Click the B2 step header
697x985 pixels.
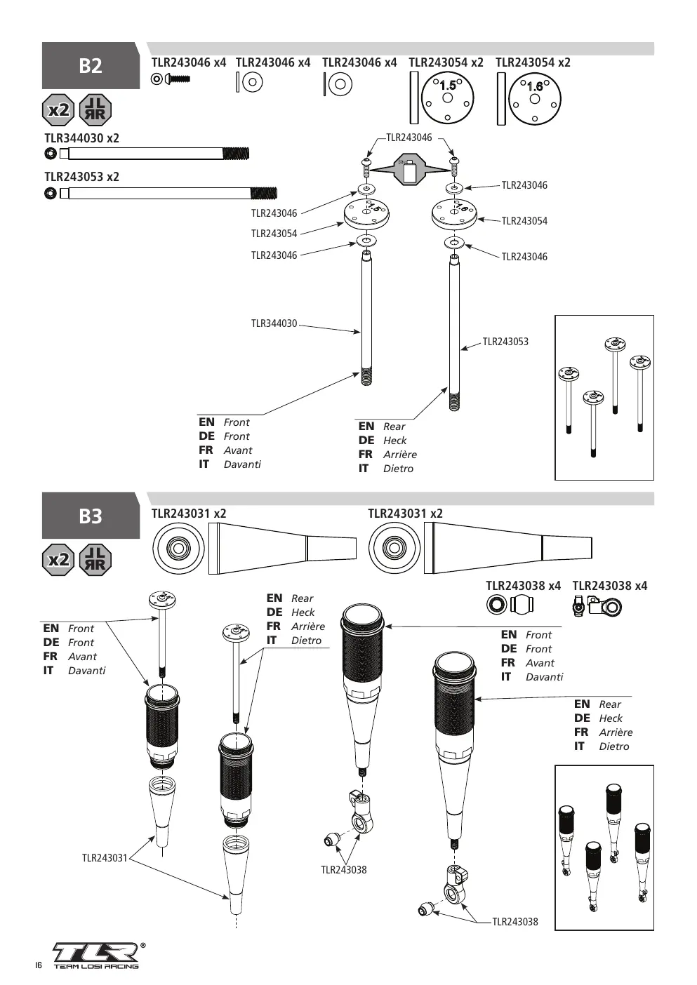(91, 65)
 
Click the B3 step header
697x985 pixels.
(91, 516)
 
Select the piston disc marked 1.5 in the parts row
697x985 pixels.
(448, 98)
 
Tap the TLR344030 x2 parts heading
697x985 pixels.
(82, 138)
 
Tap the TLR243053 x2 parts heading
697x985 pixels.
(82, 177)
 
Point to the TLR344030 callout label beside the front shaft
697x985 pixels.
(274, 323)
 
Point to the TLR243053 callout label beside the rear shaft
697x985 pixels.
(505, 342)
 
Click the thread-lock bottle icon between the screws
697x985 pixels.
(410, 169)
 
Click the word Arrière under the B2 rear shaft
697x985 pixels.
(400, 454)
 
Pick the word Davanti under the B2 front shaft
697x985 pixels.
(242, 464)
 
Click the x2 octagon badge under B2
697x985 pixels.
(58, 109)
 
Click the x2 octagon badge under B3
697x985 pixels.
(58, 560)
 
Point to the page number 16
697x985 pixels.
(39, 965)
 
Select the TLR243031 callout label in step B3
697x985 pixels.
(105, 858)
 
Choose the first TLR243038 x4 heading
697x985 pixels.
(523, 586)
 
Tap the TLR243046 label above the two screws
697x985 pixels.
(409, 138)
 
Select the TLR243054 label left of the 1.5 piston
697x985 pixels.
(274, 234)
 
